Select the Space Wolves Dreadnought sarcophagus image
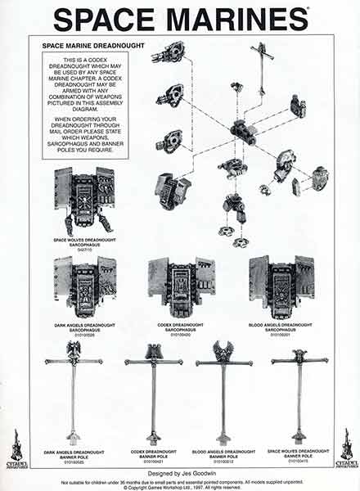[84, 200]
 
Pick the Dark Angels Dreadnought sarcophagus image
[84, 286]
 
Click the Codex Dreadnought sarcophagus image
[181, 286]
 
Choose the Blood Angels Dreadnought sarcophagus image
[281, 286]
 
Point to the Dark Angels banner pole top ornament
[74, 350]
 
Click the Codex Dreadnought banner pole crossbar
[153, 361]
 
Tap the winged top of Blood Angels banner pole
[223, 351]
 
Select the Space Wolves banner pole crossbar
[299, 360]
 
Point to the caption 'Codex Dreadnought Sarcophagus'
[180, 327]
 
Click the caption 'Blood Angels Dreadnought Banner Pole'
[223, 454]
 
